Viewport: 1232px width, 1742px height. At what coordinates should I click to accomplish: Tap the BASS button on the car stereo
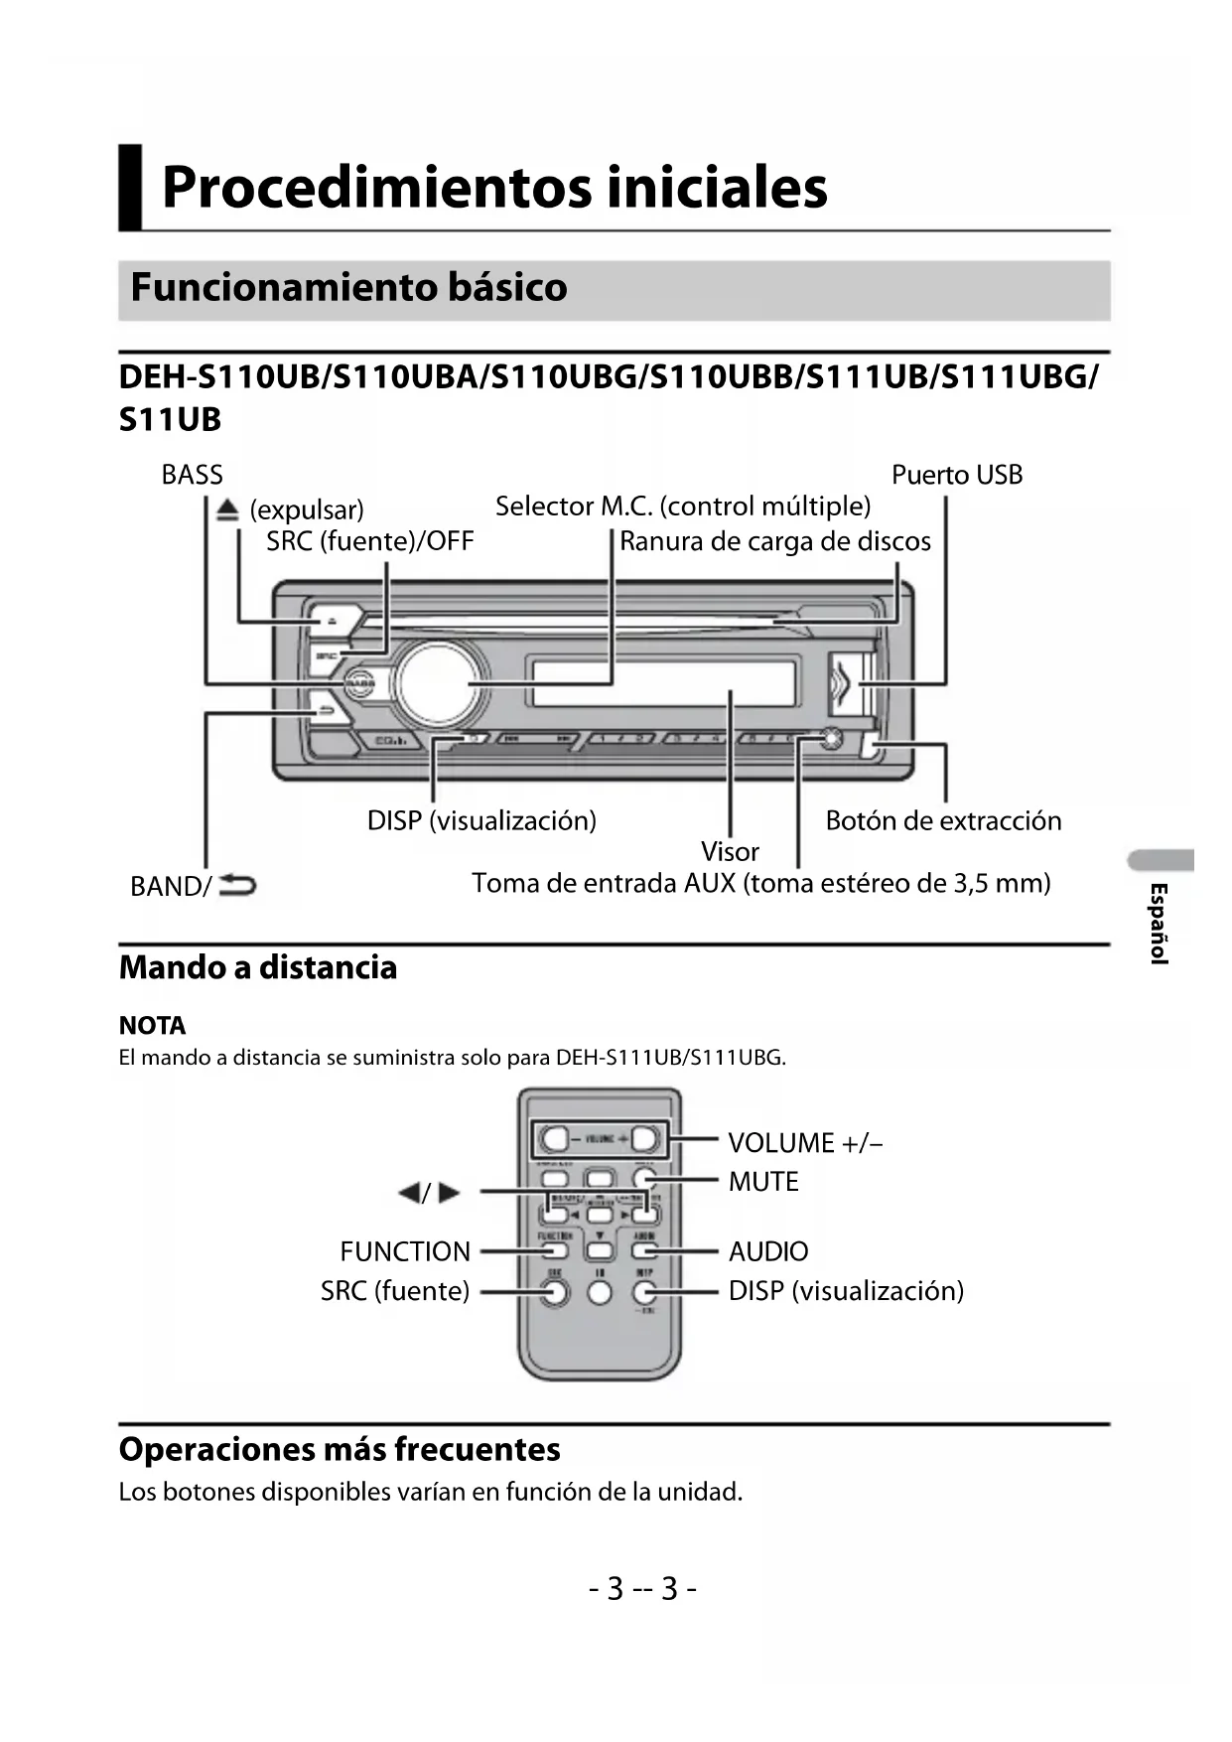[360, 683]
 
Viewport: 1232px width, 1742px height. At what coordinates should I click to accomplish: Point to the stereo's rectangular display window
[664, 683]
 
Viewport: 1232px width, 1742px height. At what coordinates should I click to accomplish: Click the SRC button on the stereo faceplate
[326, 655]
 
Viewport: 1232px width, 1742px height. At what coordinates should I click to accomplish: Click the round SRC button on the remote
[555, 1291]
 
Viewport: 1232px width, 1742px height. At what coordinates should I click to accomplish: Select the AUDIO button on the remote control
[644, 1251]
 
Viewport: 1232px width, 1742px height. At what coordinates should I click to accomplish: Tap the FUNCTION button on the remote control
[555, 1251]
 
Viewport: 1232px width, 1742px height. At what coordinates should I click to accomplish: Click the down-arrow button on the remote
[600, 1251]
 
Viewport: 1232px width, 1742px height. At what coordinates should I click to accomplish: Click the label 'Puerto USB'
[956, 475]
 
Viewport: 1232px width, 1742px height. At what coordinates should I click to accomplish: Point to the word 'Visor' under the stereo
[730, 851]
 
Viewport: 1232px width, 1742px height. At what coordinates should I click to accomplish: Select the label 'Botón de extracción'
[943, 820]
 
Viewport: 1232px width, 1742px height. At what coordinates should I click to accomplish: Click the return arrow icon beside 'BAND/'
[237, 884]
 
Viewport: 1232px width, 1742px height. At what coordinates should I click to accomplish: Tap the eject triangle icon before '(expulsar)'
[228, 509]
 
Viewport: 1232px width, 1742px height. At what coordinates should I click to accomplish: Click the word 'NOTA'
[152, 1025]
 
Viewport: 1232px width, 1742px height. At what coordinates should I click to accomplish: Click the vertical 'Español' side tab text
[1158, 923]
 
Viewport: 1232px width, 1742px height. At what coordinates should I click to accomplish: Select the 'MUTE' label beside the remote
[763, 1181]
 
